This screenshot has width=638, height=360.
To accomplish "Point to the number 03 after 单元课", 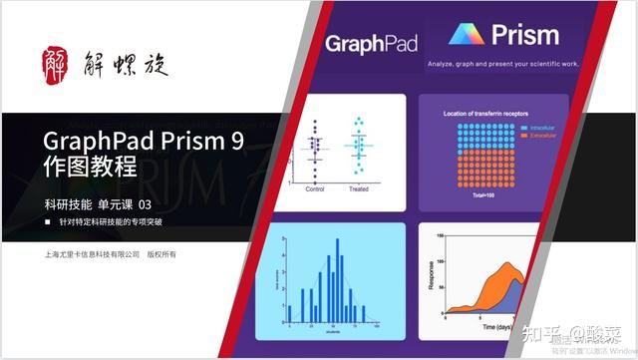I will pyautogui.click(x=144, y=204).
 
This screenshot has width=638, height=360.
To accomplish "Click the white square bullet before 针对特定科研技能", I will pyautogui.click(x=48, y=221).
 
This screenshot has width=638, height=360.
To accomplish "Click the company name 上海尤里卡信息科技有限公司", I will pyautogui.click(x=89, y=254).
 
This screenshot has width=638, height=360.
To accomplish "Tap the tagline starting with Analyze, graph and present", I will pyautogui.click(x=509, y=67).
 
